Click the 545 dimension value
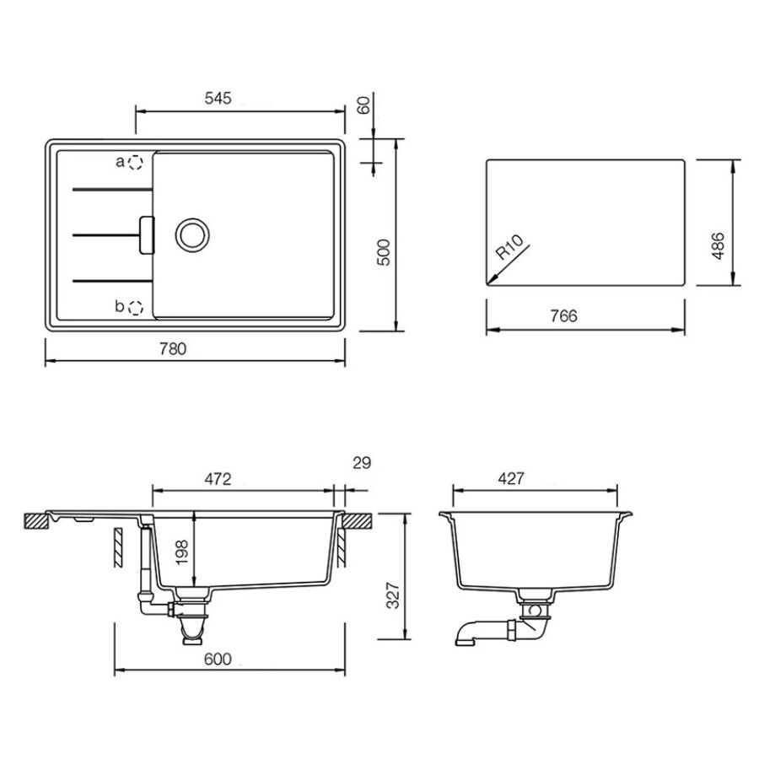[218, 99]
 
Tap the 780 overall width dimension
[173, 348]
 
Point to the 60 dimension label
[363, 105]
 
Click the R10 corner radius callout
[509, 247]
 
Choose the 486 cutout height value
[719, 246]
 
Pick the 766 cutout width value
[564, 315]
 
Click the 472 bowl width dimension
[218, 479]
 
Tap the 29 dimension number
[362, 463]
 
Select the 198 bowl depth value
[181, 552]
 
